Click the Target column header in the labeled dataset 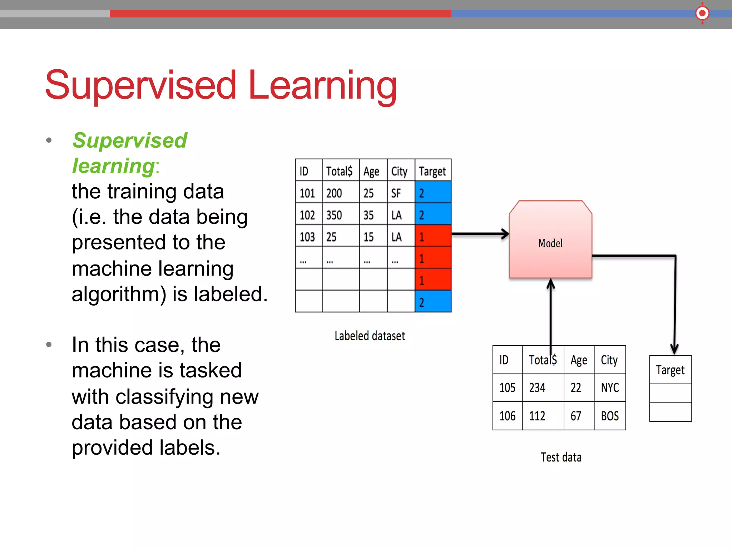[x=432, y=171]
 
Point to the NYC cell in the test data [x=609, y=387]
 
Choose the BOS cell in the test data [x=609, y=416]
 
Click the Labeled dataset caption [x=370, y=336]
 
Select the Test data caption [x=560, y=457]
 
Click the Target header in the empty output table [x=670, y=370]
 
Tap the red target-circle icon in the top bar [x=702, y=13]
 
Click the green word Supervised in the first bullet [x=130, y=140]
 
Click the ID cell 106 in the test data [x=507, y=416]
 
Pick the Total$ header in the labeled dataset [x=339, y=171]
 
